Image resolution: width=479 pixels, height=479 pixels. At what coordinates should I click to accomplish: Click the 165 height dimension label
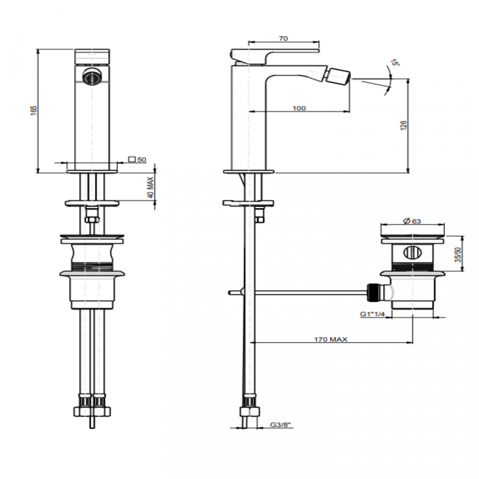pyautogui.click(x=34, y=111)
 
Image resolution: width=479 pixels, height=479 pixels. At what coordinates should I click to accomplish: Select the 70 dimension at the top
pyautogui.click(x=283, y=39)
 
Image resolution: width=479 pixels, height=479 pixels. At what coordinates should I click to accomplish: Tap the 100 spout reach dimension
pyautogui.click(x=299, y=108)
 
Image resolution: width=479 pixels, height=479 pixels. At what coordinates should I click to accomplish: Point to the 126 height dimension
pyautogui.click(x=404, y=125)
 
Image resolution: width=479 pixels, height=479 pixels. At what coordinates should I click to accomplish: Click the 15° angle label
pyautogui.click(x=395, y=62)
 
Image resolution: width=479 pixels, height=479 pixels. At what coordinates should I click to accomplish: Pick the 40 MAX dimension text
pyautogui.click(x=151, y=188)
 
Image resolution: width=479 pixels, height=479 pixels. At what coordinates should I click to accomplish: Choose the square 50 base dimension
pyautogui.click(x=138, y=159)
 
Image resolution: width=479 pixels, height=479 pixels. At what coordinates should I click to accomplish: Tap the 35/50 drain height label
pyautogui.click(x=458, y=255)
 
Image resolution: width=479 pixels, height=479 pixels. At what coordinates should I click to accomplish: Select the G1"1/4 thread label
pyautogui.click(x=372, y=314)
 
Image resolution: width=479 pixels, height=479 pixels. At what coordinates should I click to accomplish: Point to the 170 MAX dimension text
pyautogui.click(x=331, y=339)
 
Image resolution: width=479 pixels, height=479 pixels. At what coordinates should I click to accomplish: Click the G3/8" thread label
pyautogui.click(x=280, y=425)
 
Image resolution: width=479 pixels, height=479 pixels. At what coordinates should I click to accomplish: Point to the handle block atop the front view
pyautogui.click(x=92, y=57)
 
